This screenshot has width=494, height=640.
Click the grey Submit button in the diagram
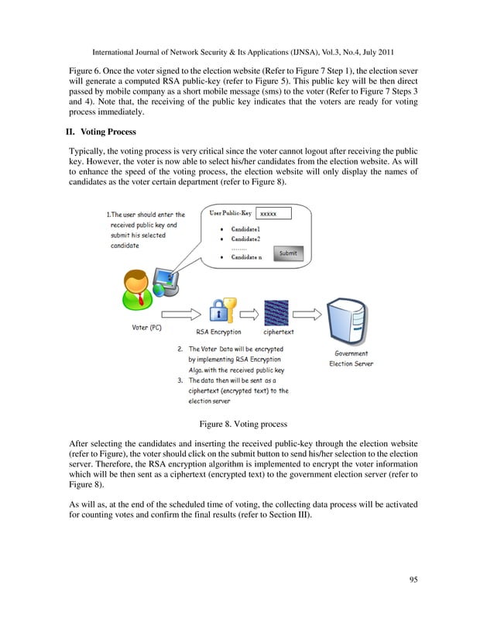pos(287,253)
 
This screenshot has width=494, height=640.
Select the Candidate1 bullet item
pos(247,230)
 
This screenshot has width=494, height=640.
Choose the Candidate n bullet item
pos(247,257)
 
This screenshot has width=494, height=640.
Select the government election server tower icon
pos(351,315)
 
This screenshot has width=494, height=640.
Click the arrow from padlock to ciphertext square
pos(250,315)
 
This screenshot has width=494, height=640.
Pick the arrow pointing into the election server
pos(310,315)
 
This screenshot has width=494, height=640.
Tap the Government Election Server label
pos(351,358)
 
